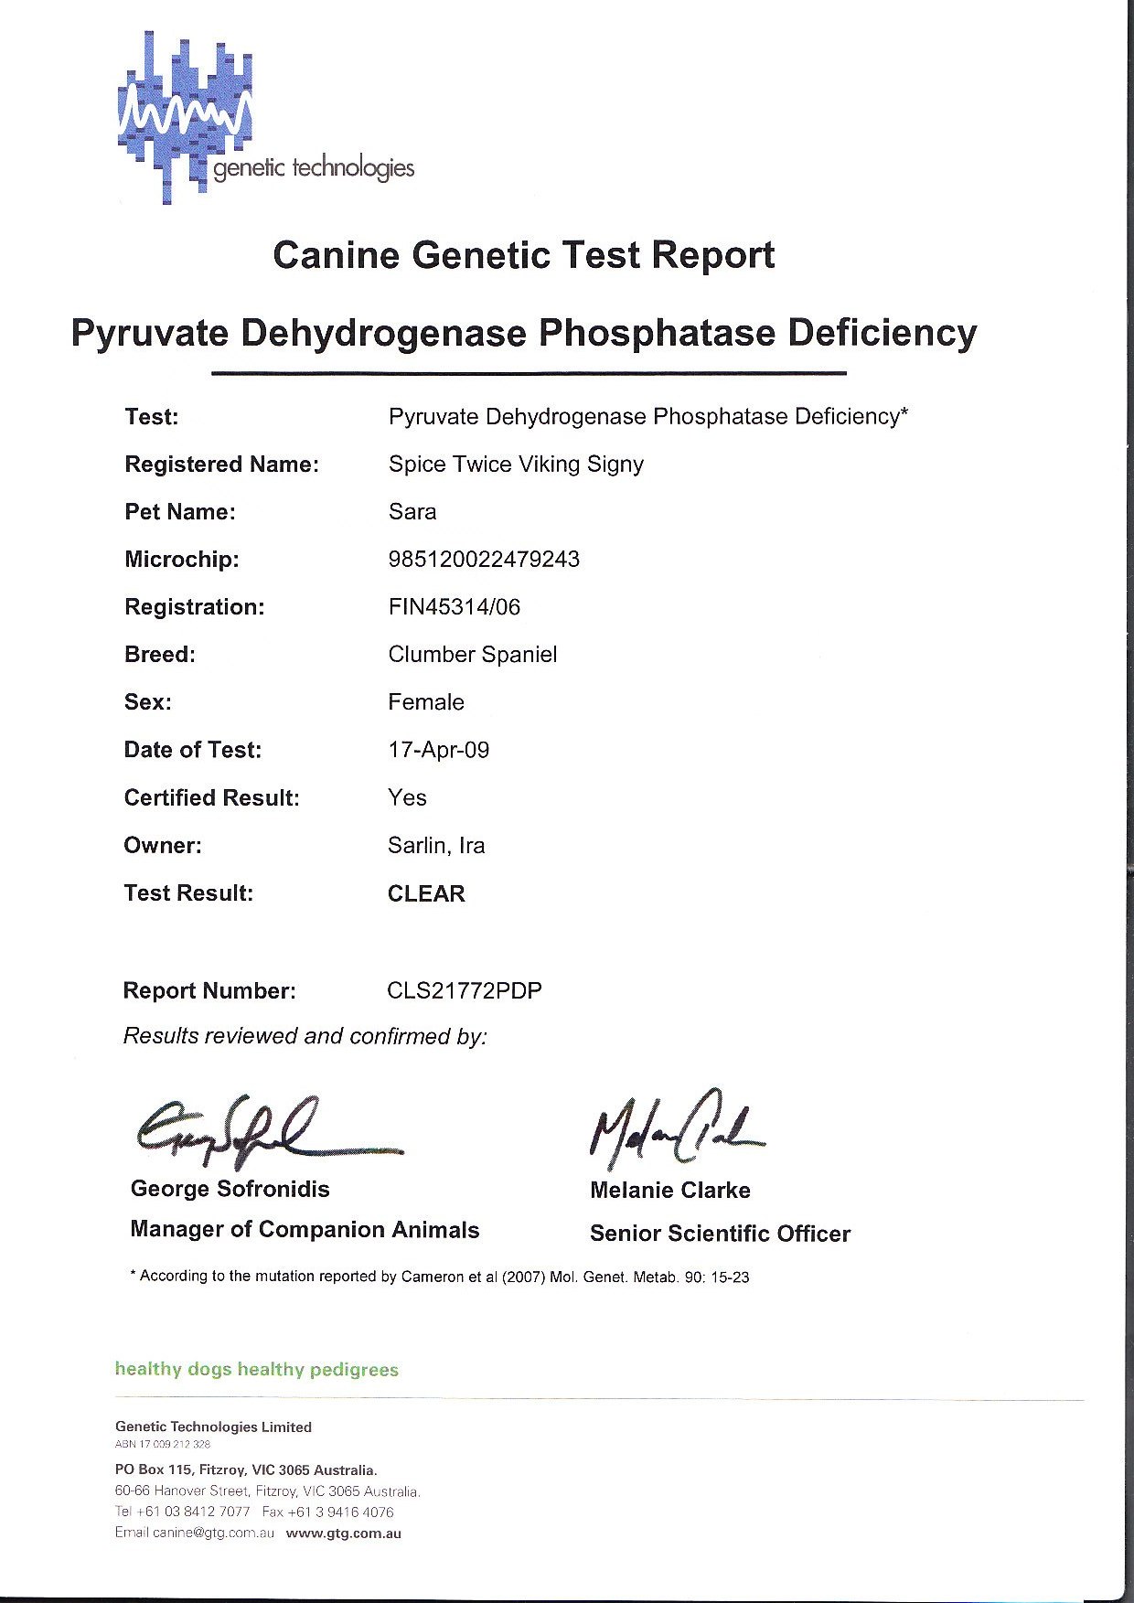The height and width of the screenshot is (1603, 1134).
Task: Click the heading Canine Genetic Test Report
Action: click(523, 255)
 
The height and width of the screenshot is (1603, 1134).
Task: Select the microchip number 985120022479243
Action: click(484, 560)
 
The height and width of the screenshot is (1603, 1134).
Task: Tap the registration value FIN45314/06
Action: click(454, 607)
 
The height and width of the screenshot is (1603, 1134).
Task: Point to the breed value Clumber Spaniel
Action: click(472, 655)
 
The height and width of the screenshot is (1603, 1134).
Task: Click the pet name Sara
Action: click(412, 512)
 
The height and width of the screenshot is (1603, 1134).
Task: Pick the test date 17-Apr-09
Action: click(438, 751)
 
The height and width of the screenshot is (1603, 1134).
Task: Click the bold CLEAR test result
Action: click(426, 893)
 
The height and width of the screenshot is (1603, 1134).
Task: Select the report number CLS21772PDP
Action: click(465, 991)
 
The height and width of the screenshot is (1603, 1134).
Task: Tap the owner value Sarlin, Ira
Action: click(436, 846)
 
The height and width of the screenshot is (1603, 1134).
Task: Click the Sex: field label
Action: click(148, 702)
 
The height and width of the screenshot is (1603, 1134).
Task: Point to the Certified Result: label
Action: click(212, 798)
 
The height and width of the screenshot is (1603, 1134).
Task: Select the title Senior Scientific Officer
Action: click(720, 1234)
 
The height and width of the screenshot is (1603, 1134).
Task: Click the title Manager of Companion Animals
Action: click(305, 1230)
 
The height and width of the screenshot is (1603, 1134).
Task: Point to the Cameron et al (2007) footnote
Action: click(441, 1277)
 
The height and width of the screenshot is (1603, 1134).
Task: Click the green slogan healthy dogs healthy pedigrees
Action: click(257, 1370)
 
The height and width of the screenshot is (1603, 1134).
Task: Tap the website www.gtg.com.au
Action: click(344, 1534)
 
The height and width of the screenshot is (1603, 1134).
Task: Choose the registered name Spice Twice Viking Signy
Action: click(516, 465)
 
